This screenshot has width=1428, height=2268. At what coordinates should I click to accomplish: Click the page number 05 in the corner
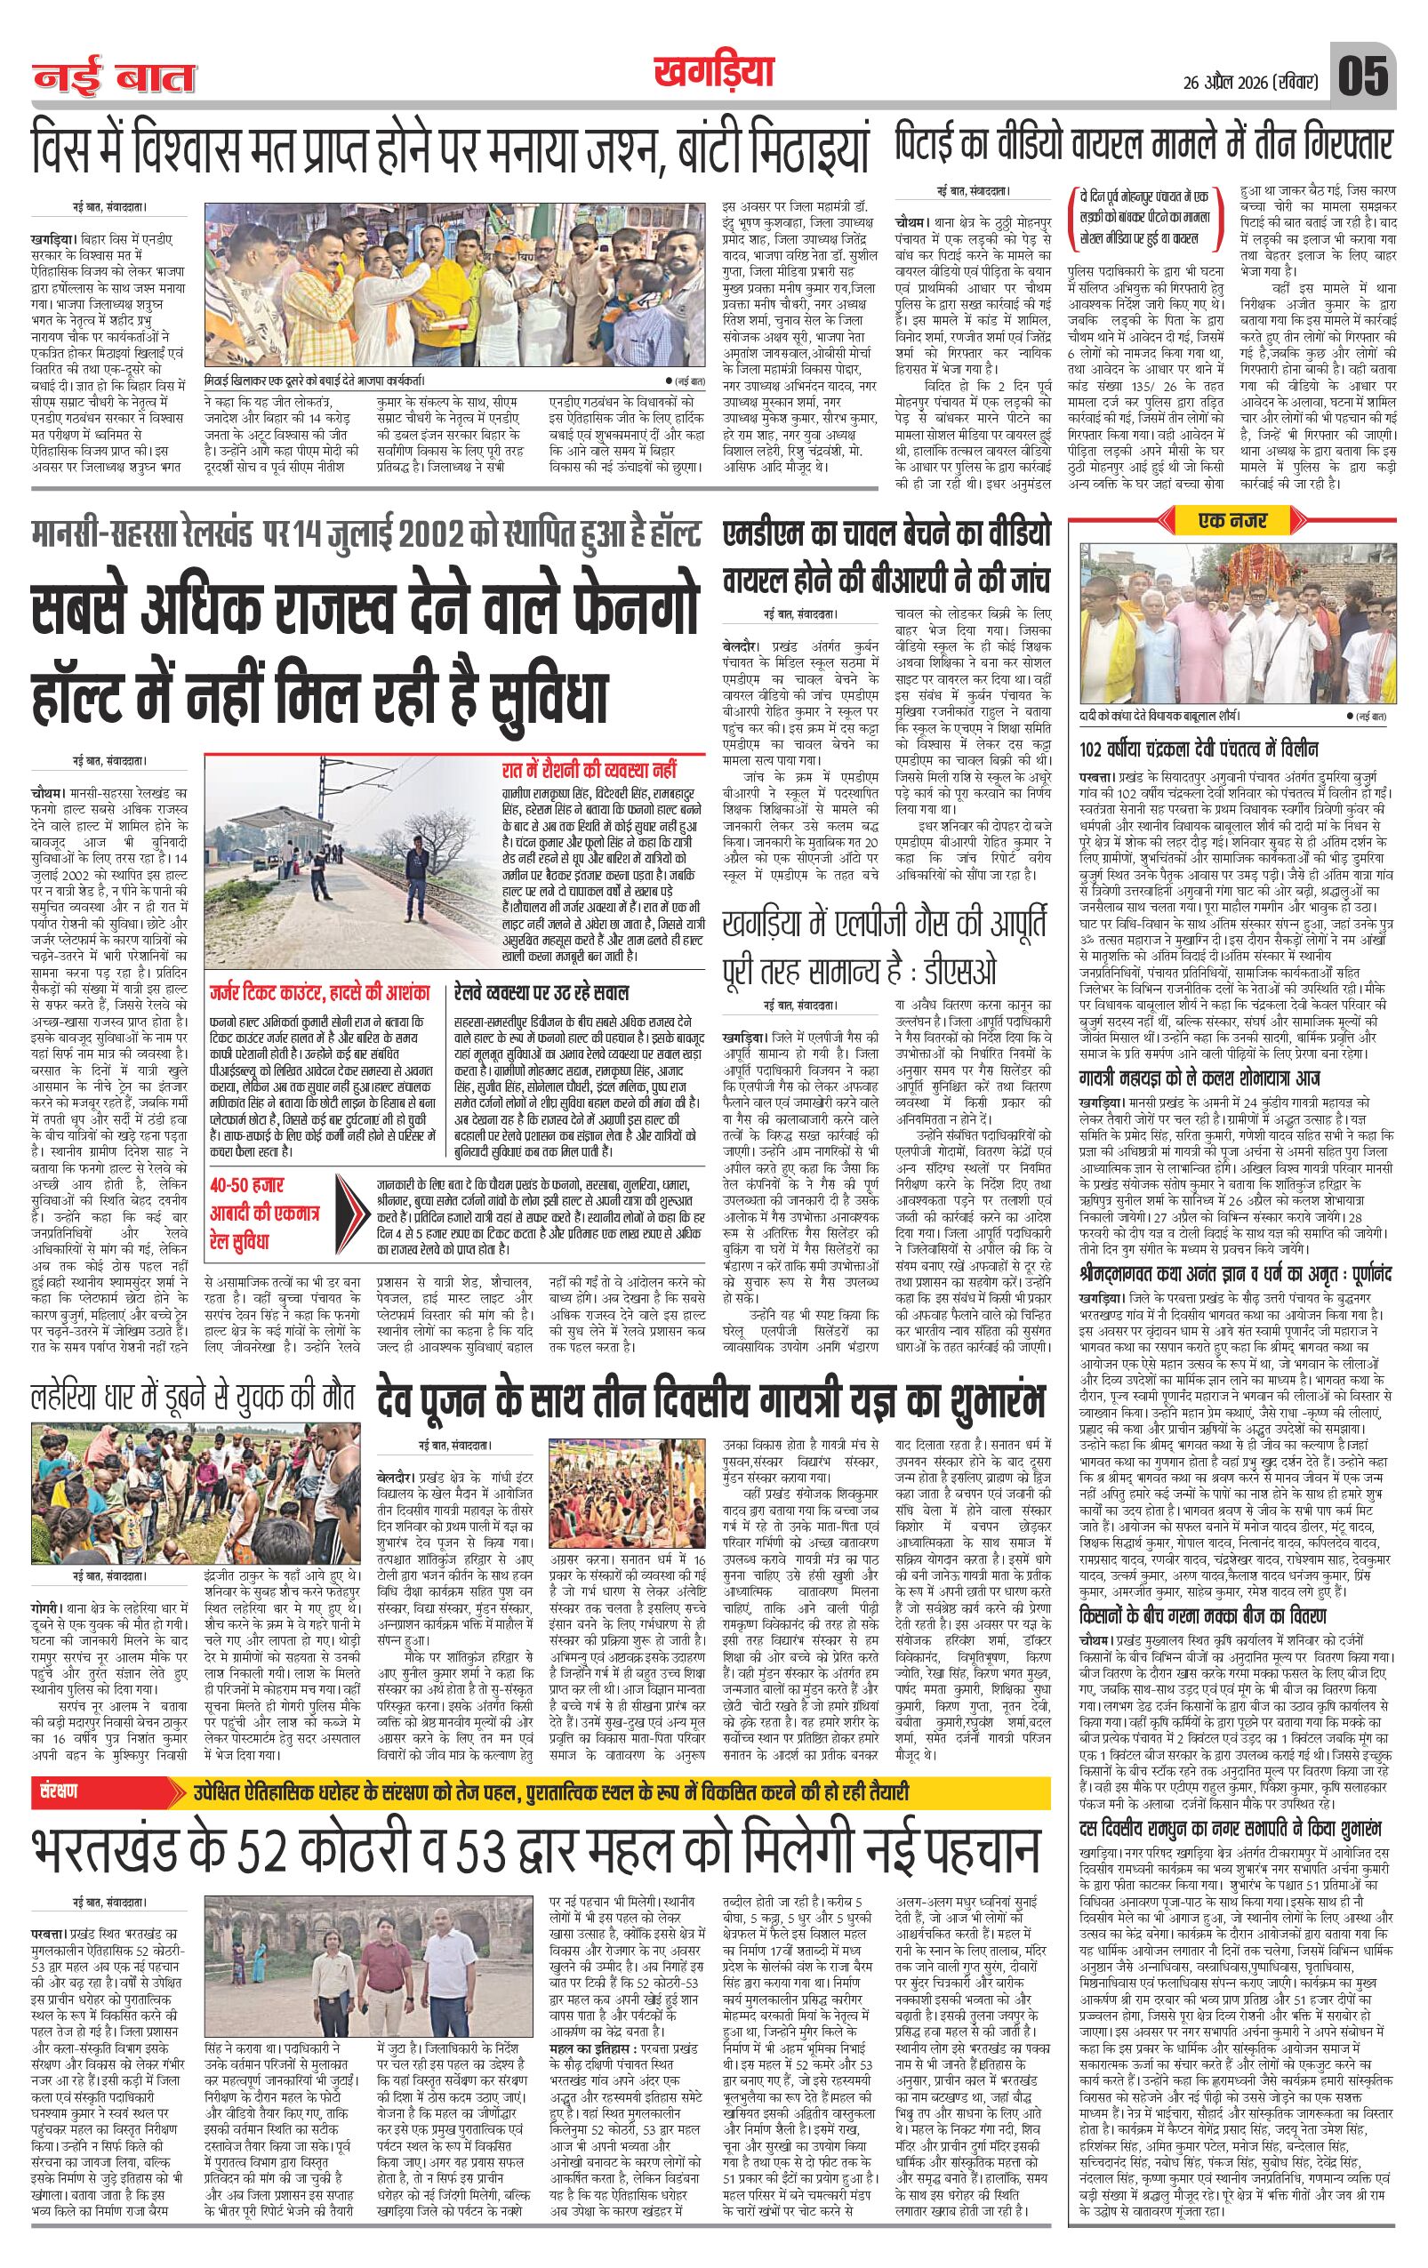click(x=1362, y=76)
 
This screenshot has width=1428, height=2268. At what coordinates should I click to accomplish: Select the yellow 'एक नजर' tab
click(x=1232, y=520)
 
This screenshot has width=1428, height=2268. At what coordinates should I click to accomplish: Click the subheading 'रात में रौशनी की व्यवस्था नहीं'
click(x=589, y=770)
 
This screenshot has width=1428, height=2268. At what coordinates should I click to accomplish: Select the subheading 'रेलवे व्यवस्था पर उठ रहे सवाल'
click(x=542, y=994)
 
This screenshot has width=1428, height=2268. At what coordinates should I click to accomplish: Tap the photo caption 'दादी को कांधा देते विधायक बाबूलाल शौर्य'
click(x=1186, y=717)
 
